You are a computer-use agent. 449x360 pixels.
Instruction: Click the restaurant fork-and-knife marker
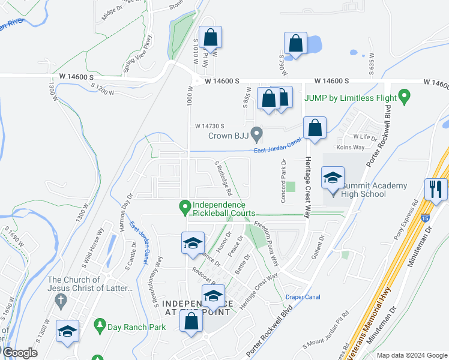click(436, 189)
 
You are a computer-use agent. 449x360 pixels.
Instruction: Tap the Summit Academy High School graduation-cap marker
click(333, 178)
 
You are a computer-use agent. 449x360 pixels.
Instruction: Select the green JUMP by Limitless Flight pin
click(405, 96)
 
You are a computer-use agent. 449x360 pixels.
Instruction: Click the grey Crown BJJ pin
click(257, 133)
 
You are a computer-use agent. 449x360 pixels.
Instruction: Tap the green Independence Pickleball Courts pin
click(185, 208)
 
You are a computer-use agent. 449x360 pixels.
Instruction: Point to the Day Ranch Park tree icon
click(100, 326)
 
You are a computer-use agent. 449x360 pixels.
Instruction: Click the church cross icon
click(61, 303)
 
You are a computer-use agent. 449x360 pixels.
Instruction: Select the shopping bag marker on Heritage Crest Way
click(315, 128)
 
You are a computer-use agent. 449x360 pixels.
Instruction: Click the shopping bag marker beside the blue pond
click(295, 43)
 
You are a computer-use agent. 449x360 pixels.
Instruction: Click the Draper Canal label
click(303, 297)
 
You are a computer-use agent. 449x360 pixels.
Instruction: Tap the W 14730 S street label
click(209, 126)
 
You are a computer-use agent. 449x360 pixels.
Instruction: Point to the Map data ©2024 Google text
click(411, 355)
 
